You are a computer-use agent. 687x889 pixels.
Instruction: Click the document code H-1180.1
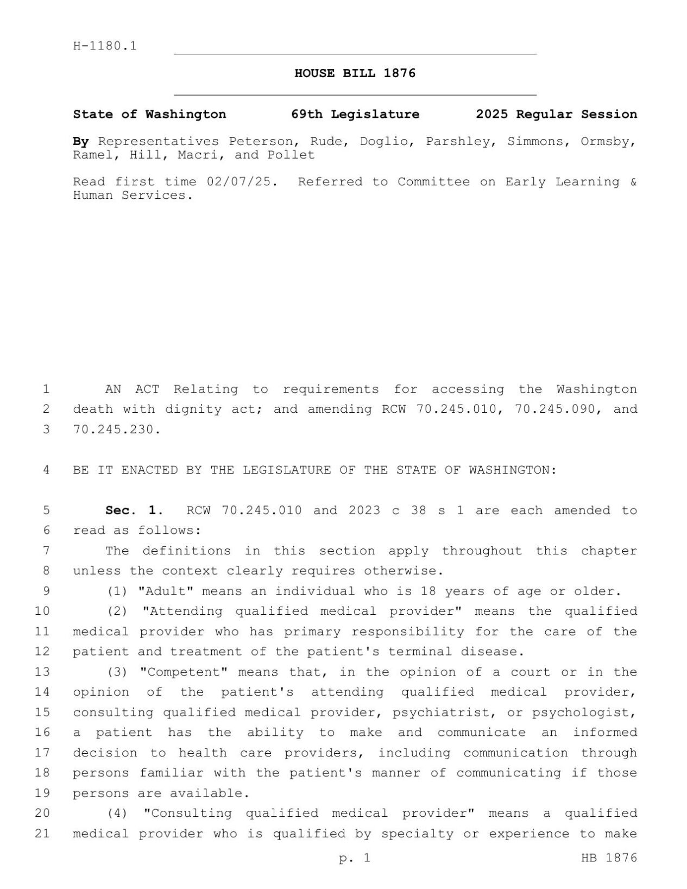pyautogui.click(x=105, y=46)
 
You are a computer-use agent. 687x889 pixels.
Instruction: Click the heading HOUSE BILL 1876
pyautogui.click(x=355, y=73)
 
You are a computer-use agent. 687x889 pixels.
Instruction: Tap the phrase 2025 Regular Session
pyautogui.click(x=556, y=115)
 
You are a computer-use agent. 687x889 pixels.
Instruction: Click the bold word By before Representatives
pyautogui.click(x=81, y=142)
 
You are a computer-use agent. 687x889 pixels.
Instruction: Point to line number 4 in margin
pyautogui.click(x=46, y=470)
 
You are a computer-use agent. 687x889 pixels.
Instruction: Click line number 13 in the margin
pyautogui.click(x=42, y=672)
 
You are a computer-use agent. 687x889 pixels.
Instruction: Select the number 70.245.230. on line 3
pyautogui.click(x=117, y=430)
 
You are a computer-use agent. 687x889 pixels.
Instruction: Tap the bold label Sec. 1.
pyautogui.click(x=134, y=510)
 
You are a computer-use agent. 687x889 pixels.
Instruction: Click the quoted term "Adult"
pyautogui.click(x=166, y=591)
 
